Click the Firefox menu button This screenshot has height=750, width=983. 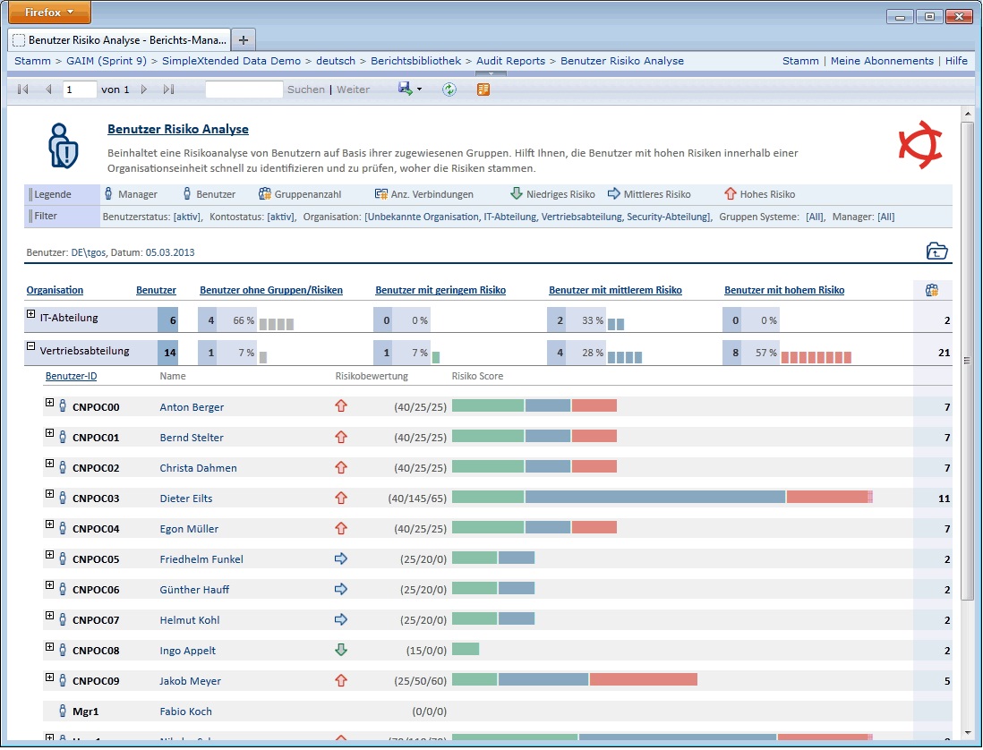tap(49, 12)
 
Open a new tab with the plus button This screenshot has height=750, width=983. tap(244, 40)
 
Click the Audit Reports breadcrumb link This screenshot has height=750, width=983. tap(510, 61)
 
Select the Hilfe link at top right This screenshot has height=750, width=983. tap(956, 61)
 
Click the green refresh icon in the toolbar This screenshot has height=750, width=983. tap(449, 89)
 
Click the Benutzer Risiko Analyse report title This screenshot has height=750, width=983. tap(178, 129)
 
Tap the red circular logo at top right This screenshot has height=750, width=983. tap(919, 145)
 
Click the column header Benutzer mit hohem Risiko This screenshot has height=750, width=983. tap(784, 290)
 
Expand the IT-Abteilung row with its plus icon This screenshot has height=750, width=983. tap(30, 314)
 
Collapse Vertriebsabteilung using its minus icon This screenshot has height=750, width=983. tap(30, 345)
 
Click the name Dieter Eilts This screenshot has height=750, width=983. tap(186, 499)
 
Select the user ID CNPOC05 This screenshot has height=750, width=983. tap(96, 559)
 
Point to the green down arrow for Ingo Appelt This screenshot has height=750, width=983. tap(341, 650)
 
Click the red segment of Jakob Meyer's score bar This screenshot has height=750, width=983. tap(643, 679)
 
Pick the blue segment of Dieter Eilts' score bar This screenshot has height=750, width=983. tap(655, 497)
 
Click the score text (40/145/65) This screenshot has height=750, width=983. tap(417, 499)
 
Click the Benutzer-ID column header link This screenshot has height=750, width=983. tap(71, 376)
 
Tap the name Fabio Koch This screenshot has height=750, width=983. tap(185, 712)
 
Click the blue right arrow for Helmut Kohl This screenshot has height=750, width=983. tap(341, 619)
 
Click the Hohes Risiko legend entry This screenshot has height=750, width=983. tap(760, 194)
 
